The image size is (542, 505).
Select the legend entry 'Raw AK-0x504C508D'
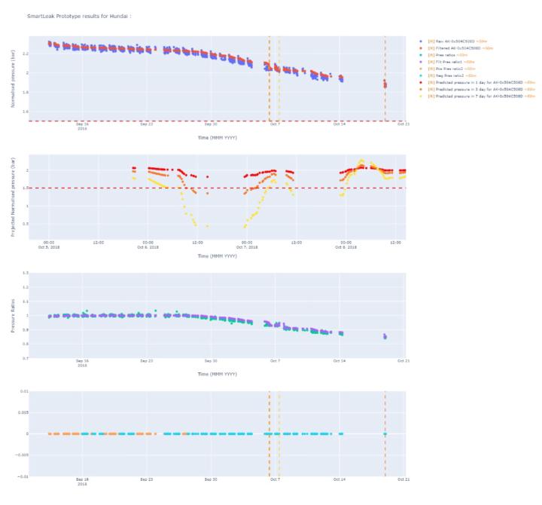pyautogui.click(x=458, y=41)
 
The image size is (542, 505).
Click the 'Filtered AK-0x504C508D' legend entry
pyautogui.click(x=460, y=47)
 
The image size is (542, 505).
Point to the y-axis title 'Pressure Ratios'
pyautogui.click(x=13, y=315)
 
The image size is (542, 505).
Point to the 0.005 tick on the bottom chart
pyautogui.click(x=23, y=412)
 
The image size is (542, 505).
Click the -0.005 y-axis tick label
pyautogui.click(x=22, y=454)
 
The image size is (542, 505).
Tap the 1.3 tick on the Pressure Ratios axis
pyautogui.click(x=26, y=273)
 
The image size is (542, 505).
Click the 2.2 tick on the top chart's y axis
pyautogui.click(x=26, y=54)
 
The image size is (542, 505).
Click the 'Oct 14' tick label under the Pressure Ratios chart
pyautogui.click(x=340, y=361)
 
